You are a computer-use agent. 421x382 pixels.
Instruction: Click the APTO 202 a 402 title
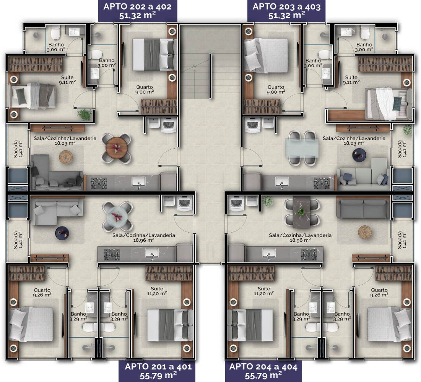(138, 6)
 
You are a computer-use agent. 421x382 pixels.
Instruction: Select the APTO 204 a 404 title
(263, 367)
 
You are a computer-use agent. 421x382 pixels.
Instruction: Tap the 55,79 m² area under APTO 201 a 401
(158, 376)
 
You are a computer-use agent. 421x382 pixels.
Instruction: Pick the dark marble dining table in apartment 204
(302, 212)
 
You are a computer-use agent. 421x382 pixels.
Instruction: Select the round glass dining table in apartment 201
(117, 216)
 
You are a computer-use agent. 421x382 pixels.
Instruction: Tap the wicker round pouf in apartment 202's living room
(66, 157)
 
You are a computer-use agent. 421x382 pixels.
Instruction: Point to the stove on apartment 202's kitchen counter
(99, 183)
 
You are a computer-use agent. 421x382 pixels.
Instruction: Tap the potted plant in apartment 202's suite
(85, 115)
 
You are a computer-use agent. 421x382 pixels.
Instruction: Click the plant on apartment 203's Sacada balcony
(407, 130)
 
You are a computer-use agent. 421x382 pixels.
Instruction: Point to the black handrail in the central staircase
(210, 76)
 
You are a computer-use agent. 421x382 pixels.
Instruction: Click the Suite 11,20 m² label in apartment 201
(157, 291)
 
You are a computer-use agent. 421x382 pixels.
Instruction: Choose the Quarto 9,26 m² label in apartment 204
(379, 292)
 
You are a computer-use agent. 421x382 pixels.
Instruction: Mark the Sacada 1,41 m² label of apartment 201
(18, 240)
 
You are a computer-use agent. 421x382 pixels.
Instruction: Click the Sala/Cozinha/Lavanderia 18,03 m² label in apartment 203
(354, 141)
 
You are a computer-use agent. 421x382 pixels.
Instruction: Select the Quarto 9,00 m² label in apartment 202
(145, 90)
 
